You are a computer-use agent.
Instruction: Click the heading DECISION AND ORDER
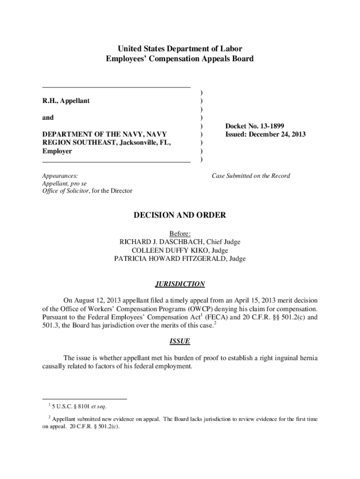pyautogui.click(x=180, y=215)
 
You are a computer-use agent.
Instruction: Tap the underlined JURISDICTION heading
pyautogui.click(x=180, y=284)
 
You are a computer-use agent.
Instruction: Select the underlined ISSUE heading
pyautogui.click(x=180, y=341)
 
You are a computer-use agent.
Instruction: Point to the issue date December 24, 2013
pyautogui.click(x=280, y=134)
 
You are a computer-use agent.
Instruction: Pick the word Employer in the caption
pyautogui.click(x=57, y=151)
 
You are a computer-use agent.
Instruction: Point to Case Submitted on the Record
pyautogui.click(x=251, y=176)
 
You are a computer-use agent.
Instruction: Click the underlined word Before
pyautogui.click(x=180, y=233)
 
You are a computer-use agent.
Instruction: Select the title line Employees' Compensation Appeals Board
pyautogui.click(x=180, y=58)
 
